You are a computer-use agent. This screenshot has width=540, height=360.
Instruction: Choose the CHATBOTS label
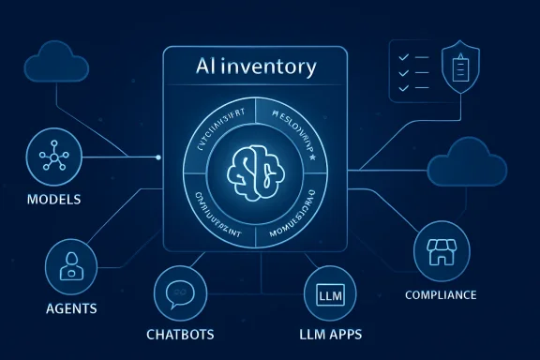[x=180, y=335]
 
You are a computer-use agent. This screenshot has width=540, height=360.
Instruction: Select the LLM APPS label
[x=330, y=335]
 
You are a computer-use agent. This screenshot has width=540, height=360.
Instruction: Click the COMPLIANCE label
[x=441, y=295]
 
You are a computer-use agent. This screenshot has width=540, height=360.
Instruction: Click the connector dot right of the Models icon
[x=158, y=157]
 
